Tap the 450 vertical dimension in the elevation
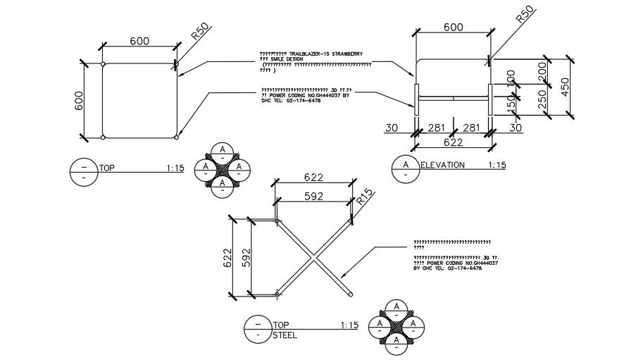coord(566,87)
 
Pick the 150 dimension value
coord(511,103)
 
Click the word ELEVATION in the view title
coord(442,166)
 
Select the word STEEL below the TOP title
coord(285,335)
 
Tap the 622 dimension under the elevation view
coord(452,142)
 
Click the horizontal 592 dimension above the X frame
coord(313,197)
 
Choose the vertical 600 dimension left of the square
coord(80,101)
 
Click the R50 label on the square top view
coord(201,33)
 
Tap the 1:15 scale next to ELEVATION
coord(497,166)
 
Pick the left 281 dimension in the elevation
coord(439,128)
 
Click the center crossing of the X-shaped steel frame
coord(314,258)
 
